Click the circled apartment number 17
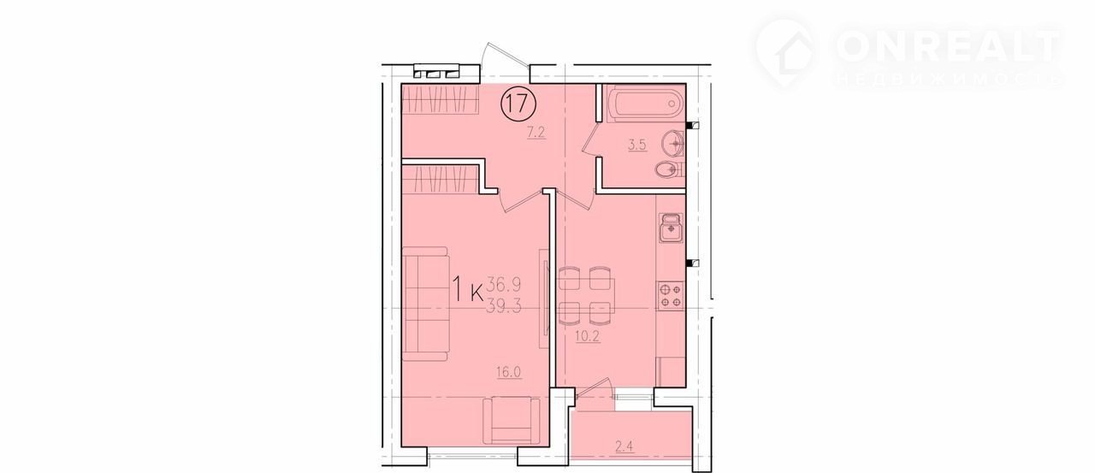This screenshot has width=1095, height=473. point(518,103)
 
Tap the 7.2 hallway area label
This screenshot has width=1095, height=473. point(536,133)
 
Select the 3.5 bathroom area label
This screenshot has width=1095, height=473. point(637,145)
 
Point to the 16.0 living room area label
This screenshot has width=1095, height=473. point(508,372)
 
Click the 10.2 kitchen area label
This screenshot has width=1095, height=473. point(588,336)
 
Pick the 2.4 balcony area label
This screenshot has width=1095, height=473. point(624,446)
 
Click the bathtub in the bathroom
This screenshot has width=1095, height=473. point(644,103)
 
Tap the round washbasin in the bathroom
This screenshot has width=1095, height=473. point(672,143)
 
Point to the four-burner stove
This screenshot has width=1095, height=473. point(671,295)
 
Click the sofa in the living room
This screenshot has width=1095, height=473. point(425,304)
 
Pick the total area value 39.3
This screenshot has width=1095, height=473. point(504,306)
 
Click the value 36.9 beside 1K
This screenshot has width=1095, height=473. point(504,283)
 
